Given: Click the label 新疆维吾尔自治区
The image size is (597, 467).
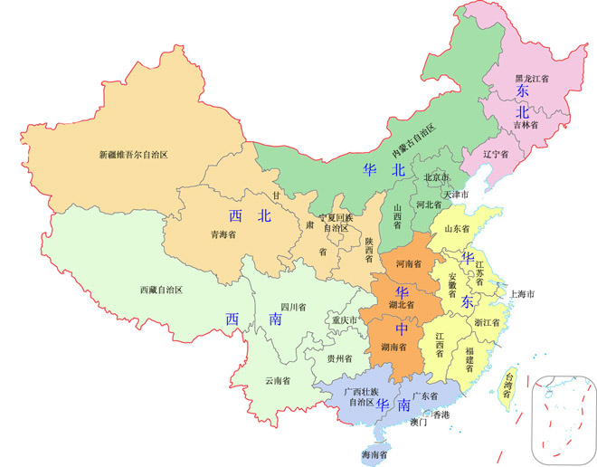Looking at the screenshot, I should pyautogui.click(x=133, y=155).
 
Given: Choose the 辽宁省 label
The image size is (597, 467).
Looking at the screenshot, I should pyautogui.click(x=496, y=154).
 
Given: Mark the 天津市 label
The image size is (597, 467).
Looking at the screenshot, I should pyautogui.click(x=456, y=195).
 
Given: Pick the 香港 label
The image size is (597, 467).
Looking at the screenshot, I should pyautogui.click(x=441, y=415).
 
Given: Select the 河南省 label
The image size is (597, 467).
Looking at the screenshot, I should pyautogui.click(x=409, y=263).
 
